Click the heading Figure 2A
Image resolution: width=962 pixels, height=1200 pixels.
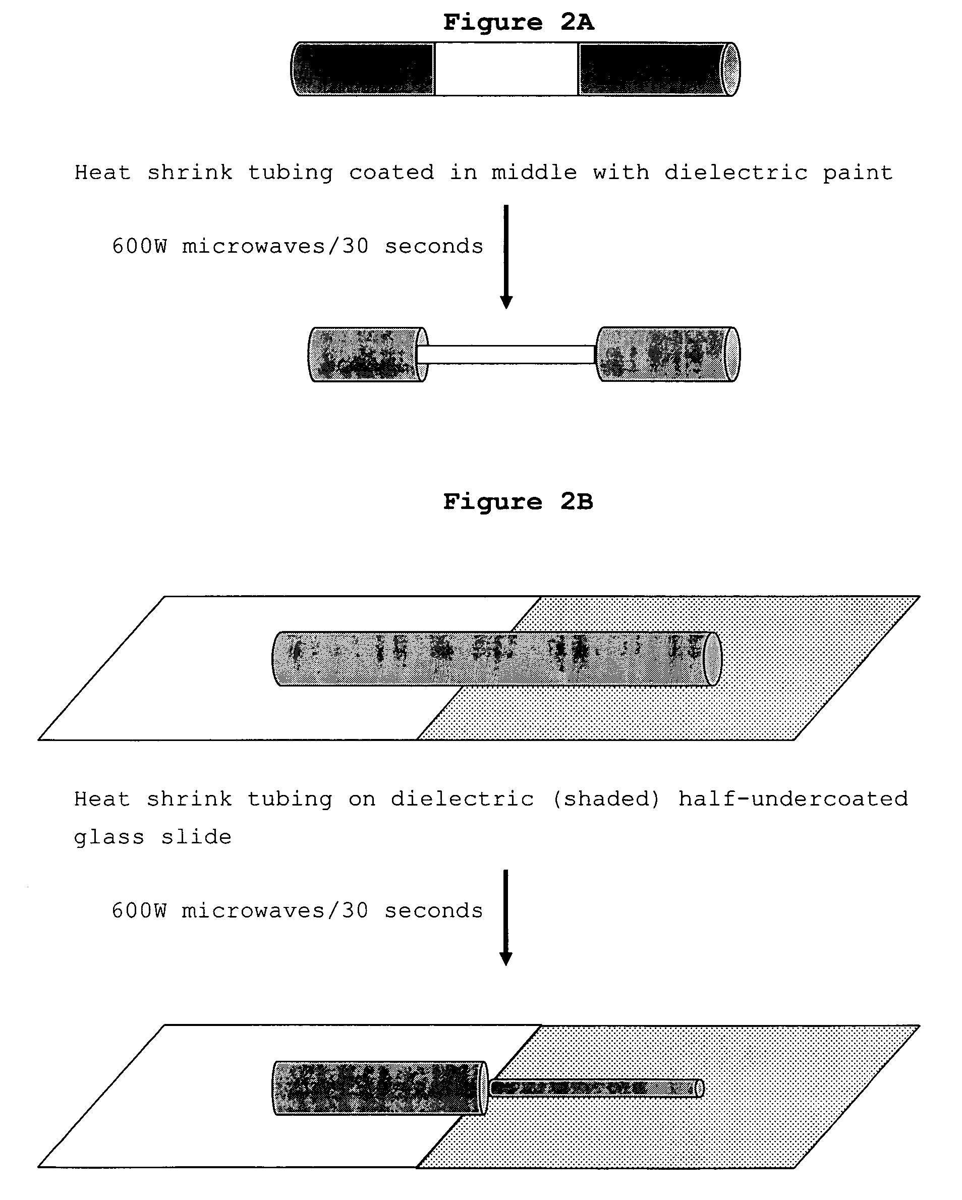coord(518,22)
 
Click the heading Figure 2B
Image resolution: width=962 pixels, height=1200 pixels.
coord(518,502)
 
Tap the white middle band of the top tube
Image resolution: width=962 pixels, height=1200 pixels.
coord(506,69)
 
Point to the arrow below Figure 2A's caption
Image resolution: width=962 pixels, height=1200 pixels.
coord(506,257)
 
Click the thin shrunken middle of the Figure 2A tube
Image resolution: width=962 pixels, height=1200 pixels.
coord(506,355)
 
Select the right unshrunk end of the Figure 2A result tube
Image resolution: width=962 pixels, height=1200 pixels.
coord(668,355)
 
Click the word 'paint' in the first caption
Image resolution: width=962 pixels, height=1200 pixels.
coord(858,173)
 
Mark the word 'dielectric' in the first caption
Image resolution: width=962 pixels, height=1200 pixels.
coord(736,173)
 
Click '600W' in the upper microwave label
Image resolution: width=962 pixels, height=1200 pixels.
coord(139,246)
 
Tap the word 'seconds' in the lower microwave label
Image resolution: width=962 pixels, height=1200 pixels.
coord(434,911)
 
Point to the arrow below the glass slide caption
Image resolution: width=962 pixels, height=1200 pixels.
coord(506,919)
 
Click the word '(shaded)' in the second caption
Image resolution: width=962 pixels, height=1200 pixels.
coord(606,799)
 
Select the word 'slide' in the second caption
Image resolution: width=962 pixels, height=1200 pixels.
coord(196,837)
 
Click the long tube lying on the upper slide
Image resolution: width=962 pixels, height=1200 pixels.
coord(497,659)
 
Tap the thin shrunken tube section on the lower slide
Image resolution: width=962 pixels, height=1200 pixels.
coord(596,1088)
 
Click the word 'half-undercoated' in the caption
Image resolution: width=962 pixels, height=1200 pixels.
coord(793,799)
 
